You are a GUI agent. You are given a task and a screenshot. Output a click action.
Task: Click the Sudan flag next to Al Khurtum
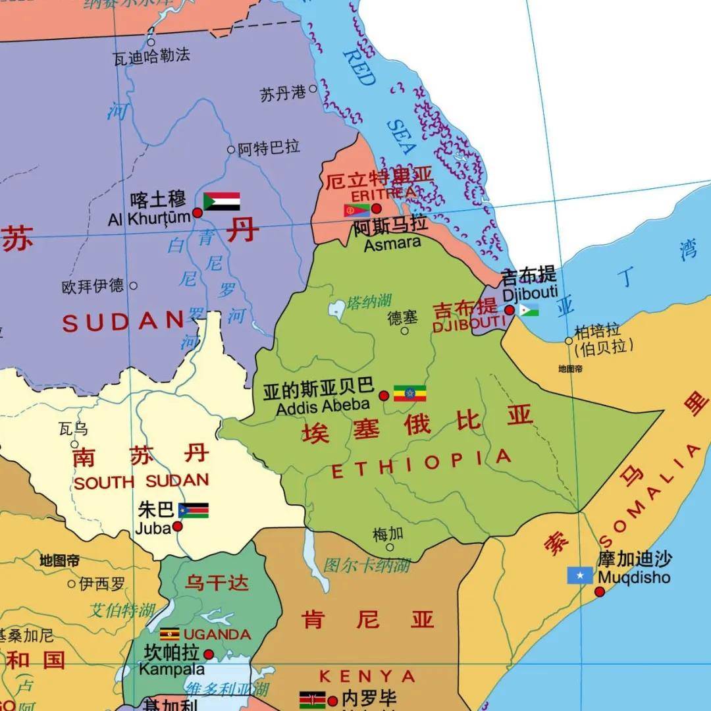pos(221,201)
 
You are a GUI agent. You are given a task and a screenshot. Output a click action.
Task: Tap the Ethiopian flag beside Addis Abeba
pos(409,393)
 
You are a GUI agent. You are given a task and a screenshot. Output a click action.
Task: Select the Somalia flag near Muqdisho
pos(580,575)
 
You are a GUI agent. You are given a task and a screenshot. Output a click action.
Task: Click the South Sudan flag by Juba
pos(194,510)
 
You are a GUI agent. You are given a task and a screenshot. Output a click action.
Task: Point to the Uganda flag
pos(169,634)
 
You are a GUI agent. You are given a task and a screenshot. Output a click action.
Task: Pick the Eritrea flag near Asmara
pos(356,211)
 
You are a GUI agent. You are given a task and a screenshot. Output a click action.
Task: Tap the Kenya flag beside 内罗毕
pos(312,699)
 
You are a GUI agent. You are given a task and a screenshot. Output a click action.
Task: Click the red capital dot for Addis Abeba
pos(384,396)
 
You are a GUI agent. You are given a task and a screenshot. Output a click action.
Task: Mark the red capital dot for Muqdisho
pos(600,592)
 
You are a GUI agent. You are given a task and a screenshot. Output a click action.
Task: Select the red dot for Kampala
pos(209,654)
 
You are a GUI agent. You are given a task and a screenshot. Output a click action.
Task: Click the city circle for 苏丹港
pos(313,88)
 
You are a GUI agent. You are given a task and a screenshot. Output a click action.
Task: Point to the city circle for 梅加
pos(390,547)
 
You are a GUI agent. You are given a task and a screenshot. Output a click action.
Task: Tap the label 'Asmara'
pos(392,244)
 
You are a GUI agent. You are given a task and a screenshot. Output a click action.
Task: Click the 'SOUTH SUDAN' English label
pos(141,481)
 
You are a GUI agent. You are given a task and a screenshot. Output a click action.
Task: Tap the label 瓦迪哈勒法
pos(151,57)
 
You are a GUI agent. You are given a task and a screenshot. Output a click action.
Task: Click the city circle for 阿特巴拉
pos(231,149)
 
